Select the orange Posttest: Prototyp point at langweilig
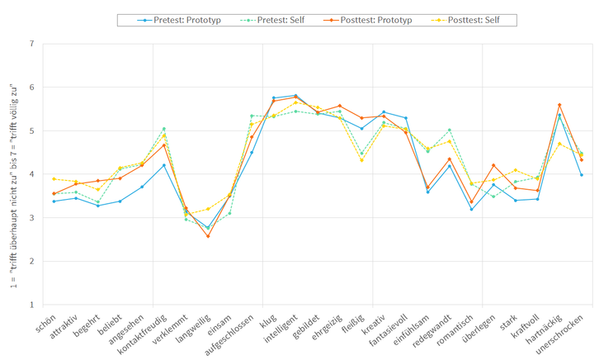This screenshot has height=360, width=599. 208,236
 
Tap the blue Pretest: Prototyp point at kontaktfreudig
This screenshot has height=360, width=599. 164,165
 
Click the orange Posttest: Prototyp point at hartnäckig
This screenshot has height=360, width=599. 559,105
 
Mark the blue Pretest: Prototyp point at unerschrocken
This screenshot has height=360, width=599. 582,175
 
